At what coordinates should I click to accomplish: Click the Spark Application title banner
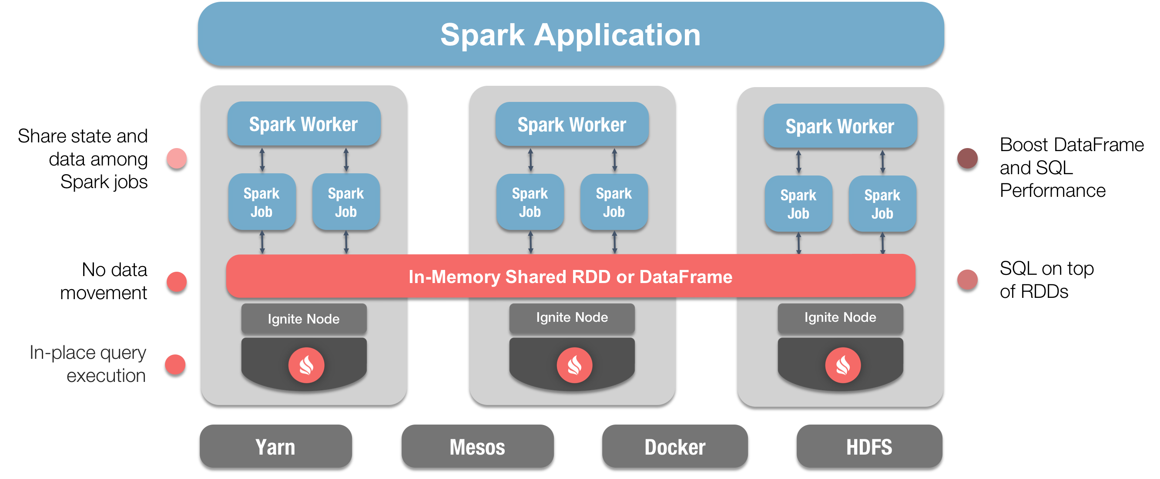pyautogui.click(x=570, y=34)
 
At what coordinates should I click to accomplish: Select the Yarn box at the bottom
pyautogui.click(x=275, y=446)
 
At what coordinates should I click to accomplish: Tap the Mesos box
pyautogui.click(x=477, y=446)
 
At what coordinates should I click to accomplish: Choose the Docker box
pyautogui.click(x=674, y=446)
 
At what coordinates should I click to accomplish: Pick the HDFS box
pyautogui.click(x=869, y=446)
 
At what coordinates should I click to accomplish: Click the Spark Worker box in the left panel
pyautogui.click(x=304, y=124)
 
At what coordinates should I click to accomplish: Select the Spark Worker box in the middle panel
pyautogui.click(x=572, y=125)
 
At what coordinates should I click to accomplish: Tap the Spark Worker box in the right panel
pyautogui.click(x=840, y=126)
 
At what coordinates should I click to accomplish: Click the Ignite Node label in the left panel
pyautogui.click(x=304, y=319)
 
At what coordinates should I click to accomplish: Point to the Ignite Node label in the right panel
pyautogui.click(x=840, y=317)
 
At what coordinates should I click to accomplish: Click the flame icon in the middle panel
pyautogui.click(x=574, y=365)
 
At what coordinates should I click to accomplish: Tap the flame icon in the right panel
pyautogui.click(x=842, y=365)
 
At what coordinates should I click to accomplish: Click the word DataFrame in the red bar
pyautogui.click(x=685, y=277)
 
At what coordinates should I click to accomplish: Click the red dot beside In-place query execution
pyautogui.click(x=175, y=364)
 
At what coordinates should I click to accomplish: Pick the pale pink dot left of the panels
pyautogui.click(x=177, y=158)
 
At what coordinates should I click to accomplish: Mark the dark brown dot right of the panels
pyautogui.click(x=967, y=158)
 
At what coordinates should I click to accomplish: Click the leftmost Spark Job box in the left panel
pyautogui.click(x=262, y=202)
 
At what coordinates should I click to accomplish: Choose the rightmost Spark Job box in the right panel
pyautogui.click(x=882, y=204)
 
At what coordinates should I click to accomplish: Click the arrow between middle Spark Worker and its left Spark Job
pyautogui.click(x=530, y=160)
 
